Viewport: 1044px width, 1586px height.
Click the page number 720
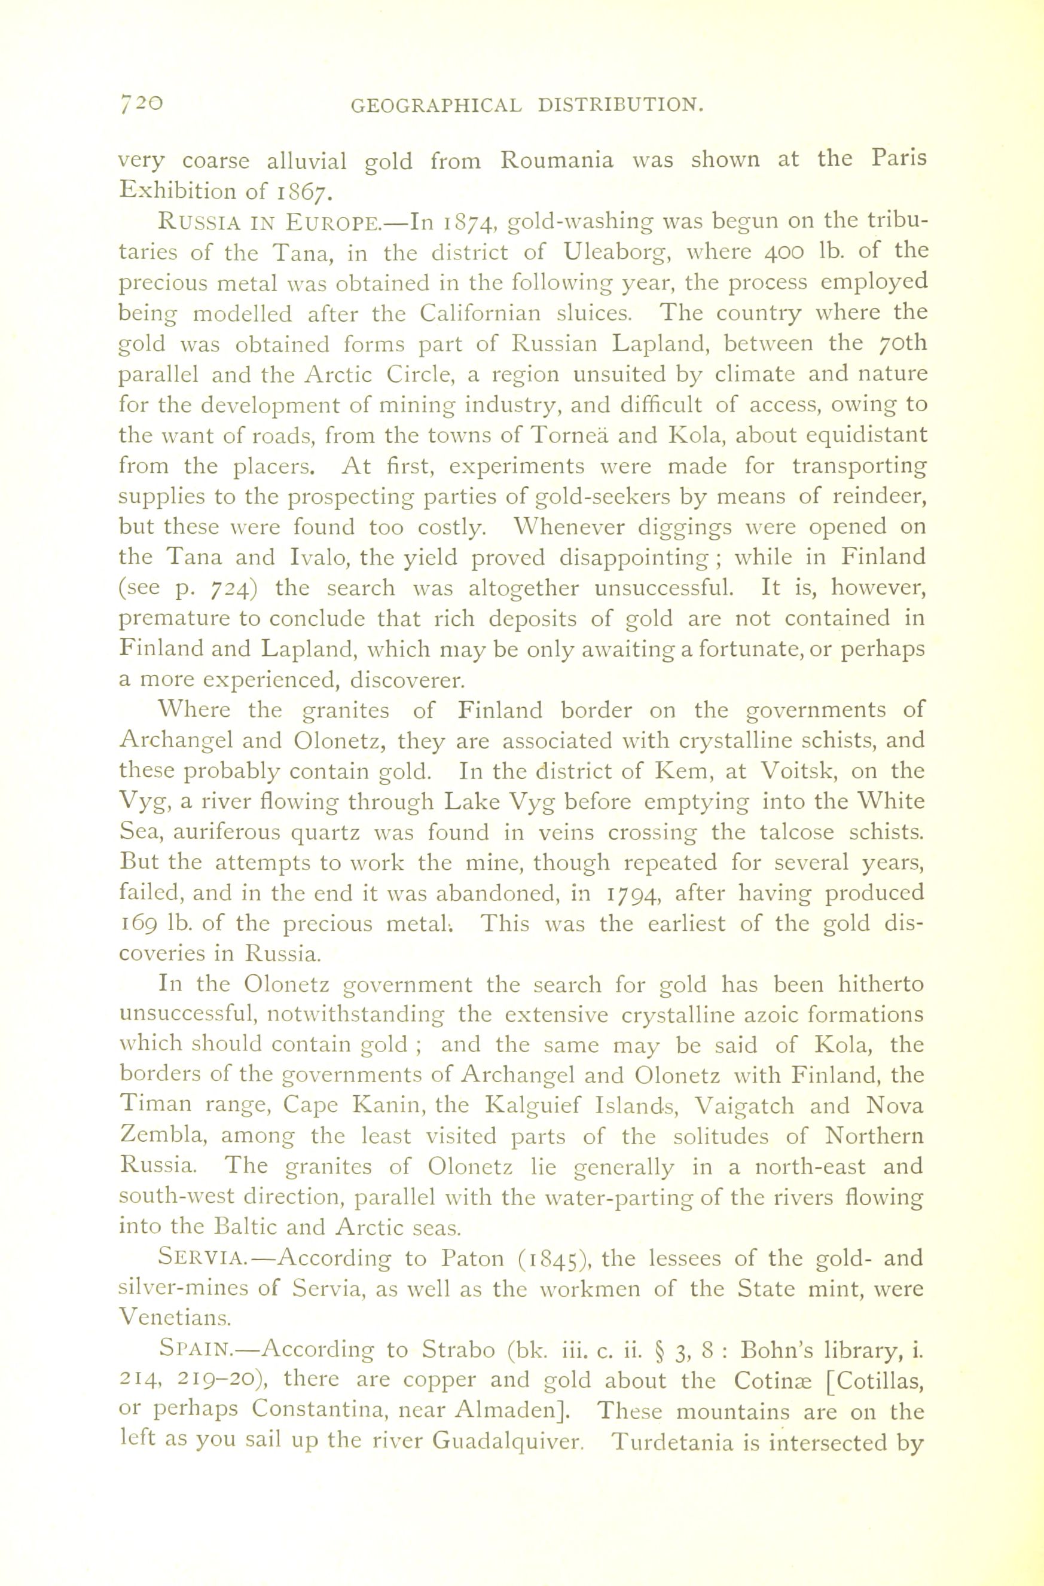139,104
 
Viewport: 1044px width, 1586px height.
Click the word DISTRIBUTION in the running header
620,105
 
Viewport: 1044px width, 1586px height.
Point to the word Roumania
557,161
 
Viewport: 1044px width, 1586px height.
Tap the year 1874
469,222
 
